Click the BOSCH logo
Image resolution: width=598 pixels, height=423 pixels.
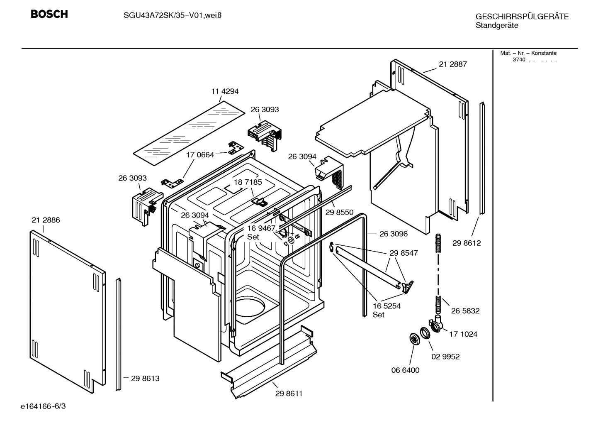tap(49, 14)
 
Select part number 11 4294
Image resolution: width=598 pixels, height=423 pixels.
tap(225, 91)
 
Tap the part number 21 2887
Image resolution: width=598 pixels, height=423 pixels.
tap(453, 64)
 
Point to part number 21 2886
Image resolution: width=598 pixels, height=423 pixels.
tap(46, 220)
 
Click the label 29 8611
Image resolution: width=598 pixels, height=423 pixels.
tap(289, 394)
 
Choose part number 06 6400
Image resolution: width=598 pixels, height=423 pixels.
tap(406, 370)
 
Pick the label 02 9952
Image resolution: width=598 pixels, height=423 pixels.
tap(446, 357)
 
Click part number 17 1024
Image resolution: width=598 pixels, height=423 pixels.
tap(463, 334)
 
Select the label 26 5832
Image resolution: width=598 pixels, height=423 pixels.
tap(465, 311)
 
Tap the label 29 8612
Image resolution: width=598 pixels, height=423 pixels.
tap(467, 243)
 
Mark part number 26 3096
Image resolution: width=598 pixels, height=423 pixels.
tap(394, 234)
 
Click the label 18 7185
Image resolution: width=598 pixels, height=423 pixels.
tap(248, 182)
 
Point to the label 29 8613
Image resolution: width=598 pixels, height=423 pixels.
tap(145, 379)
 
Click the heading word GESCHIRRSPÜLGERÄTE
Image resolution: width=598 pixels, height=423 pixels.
tap(522, 17)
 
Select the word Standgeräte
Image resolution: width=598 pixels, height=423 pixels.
tap(497, 25)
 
